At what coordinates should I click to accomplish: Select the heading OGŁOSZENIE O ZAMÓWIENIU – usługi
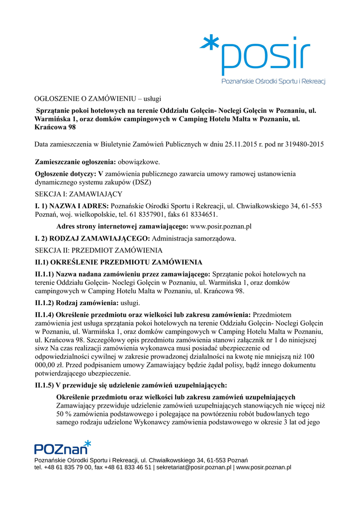click(x=98, y=98)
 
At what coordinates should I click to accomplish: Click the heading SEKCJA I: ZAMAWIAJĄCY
click(x=78, y=194)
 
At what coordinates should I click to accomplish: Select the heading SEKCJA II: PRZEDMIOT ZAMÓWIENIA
click(x=98, y=250)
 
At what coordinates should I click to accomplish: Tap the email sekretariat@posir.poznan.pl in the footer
click(x=194, y=467)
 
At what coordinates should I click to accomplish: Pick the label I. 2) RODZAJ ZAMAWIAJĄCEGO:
click(x=92, y=238)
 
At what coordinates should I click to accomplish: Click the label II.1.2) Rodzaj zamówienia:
click(x=77, y=303)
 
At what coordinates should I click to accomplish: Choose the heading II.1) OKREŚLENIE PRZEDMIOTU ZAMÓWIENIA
click(x=118, y=262)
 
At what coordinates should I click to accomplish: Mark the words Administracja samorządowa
click(x=193, y=238)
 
